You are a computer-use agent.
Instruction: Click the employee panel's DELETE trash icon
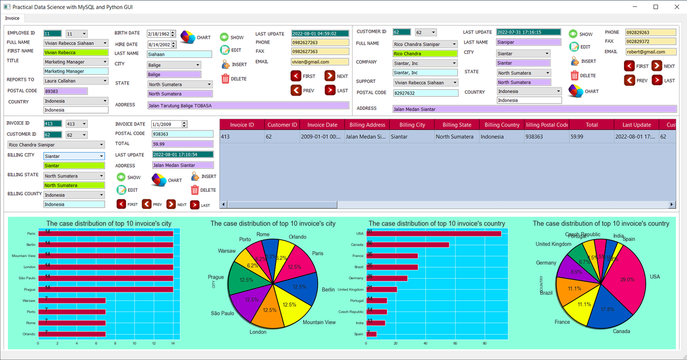pyautogui.click(x=226, y=79)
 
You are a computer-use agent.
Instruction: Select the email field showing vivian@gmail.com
pyautogui.click(x=319, y=62)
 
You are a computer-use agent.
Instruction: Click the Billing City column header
pyautogui.click(x=412, y=125)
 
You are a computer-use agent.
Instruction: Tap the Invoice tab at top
pyautogui.click(x=13, y=18)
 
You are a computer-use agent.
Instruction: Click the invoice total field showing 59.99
pyautogui.click(x=182, y=144)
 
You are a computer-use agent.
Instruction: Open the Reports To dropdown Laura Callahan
pyautogui.click(x=76, y=81)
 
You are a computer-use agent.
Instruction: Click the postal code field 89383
pyautogui.click(x=65, y=91)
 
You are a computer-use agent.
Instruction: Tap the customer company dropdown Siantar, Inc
pyautogui.click(x=424, y=63)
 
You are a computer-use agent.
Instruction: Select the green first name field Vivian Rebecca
pyautogui.click(x=76, y=52)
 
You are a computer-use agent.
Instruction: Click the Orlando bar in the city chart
pyautogui.click(x=72, y=334)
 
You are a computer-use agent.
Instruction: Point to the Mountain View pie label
pyautogui.click(x=319, y=323)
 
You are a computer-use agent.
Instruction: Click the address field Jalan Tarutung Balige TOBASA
pyautogui.click(x=247, y=105)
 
